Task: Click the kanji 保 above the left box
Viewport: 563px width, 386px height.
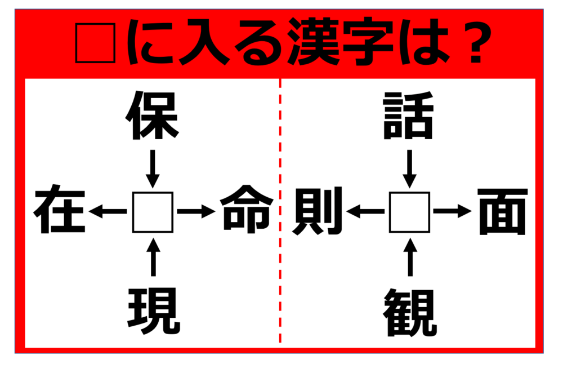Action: tap(152, 116)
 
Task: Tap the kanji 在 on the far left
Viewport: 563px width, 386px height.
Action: tap(60, 209)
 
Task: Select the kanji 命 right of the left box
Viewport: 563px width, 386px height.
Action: tap(247, 209)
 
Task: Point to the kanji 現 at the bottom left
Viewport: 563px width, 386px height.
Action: tap(154, 311)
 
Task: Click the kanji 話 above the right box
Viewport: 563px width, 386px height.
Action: tap(409, 116)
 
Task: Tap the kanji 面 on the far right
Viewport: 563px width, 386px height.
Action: tap(502, 212)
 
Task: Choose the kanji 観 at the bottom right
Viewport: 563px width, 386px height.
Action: tap(410, 312)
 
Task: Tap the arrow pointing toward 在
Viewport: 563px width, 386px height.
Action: tap(108, 211)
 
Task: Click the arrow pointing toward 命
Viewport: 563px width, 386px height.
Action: tap(196, 211)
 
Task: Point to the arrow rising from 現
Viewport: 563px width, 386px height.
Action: tap(153, 256)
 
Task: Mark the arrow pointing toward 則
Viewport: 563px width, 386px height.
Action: tap(365, 211)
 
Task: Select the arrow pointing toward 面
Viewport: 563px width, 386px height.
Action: tap(453, 211)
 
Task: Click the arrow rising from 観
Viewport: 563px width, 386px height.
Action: tap(410, 256)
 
